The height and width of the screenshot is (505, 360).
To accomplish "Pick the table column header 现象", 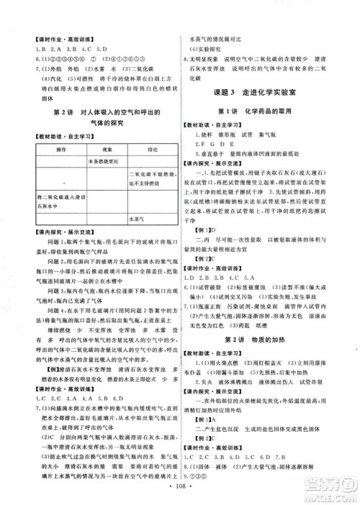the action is pyautogui.click(x=101, y=150).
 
